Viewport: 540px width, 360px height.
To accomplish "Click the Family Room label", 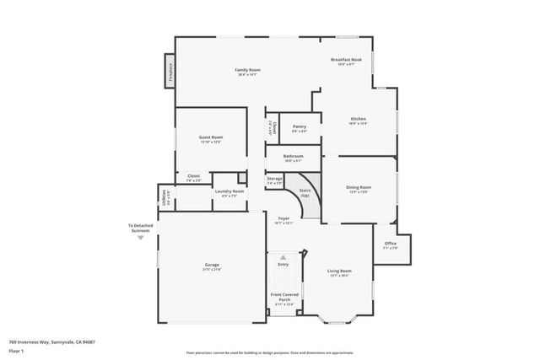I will click(x=247, y=71).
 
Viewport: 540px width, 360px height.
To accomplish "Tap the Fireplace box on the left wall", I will click(x=169, y=71).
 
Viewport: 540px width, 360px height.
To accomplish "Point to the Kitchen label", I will click(x=358, y=121).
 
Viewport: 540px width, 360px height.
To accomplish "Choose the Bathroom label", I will click(x=293, y=158).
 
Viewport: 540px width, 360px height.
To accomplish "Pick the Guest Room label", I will click(x=211, y=139).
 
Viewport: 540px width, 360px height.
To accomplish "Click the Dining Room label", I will click(x=359, y=189).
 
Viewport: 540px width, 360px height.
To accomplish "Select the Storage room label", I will click(x=274, y=180).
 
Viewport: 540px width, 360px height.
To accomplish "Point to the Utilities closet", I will click(x=164, y=196).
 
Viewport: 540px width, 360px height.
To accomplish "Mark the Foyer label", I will click(x=284, y=221).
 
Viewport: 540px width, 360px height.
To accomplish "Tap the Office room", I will click(x=390, y=245).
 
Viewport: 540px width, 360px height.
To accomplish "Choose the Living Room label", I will click(x=339, y=272).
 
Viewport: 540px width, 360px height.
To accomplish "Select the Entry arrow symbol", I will click(x=283, y=256).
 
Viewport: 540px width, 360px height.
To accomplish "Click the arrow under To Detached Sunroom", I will click(x=141, y=239).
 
